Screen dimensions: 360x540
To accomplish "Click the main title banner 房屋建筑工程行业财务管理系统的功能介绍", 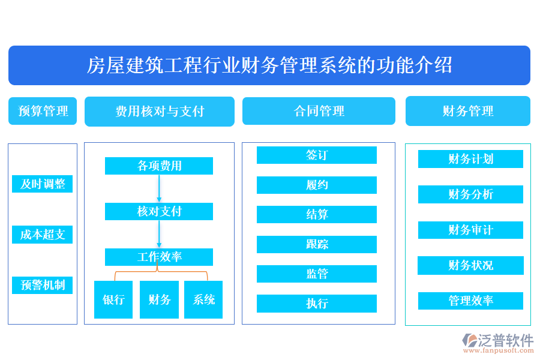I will [269, 65].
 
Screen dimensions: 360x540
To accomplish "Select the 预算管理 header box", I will [43, 111].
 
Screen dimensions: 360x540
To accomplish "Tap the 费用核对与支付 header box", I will [160, 112].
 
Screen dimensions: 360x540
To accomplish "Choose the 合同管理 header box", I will [319, 111].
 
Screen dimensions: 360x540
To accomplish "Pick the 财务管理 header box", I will [468, 111].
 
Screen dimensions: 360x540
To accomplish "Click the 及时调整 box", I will [43, 184].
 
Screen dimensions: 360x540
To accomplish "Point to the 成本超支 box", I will [43, 235].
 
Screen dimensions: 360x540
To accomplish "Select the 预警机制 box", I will [43, 285].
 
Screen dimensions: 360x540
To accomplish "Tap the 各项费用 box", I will [159, 166].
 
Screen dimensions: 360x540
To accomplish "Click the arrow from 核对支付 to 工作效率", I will [159, 234].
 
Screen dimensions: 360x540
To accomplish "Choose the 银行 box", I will [113, 299].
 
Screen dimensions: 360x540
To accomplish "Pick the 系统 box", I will [203, 299].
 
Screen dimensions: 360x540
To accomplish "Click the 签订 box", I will [317, 155].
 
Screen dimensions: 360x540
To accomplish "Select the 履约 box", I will [317, 185].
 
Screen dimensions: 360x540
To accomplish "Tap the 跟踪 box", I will [317, 244].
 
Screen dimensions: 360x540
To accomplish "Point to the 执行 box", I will [317, 304].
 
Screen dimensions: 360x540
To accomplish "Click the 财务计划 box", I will [470, 159].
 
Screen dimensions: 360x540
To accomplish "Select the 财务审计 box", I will [470, 230].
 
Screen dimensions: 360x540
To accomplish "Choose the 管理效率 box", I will [470, 301].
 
